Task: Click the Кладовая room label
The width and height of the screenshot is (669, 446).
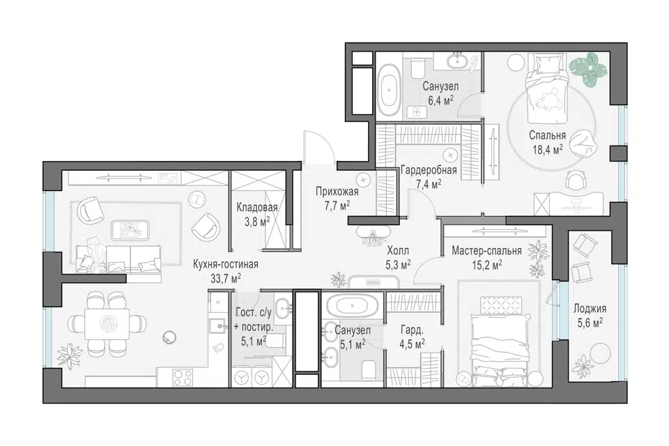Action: [257, 208]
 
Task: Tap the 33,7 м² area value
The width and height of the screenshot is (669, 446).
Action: [226, 278]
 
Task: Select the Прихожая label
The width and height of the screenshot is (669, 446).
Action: [337, 192]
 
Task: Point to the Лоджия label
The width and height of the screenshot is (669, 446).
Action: [590, 309]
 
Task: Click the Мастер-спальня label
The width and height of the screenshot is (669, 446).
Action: [486, 251]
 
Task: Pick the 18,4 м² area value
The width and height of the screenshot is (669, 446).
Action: [548, 149]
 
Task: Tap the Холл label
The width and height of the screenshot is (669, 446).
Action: [398, 250]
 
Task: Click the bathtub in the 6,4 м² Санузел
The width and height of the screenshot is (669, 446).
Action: [389, 90]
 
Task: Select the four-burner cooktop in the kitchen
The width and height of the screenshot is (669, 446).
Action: [183, 377]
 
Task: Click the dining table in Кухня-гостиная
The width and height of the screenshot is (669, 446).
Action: [107, 324]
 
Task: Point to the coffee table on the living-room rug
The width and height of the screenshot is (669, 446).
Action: [130, 230]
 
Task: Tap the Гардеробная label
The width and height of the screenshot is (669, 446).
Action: [429, 170]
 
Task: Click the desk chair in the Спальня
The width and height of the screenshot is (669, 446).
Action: [576, 179]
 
